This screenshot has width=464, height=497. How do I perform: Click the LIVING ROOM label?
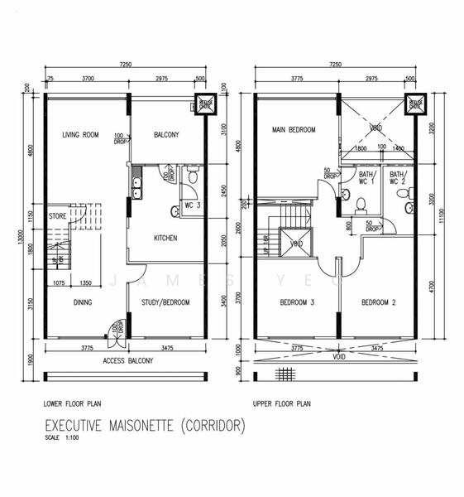pyautogui.click(x=80, y=135)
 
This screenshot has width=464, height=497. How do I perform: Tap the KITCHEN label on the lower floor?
pyautogui.click(x=165, y=238)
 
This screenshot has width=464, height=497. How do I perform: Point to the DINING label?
pyautogui.click(x=83, y=303)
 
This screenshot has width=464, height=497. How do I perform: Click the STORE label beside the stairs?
pyautogui.click(x=57, y=216)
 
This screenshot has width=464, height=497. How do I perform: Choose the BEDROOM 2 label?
pyautogui.click(x=380, y=302)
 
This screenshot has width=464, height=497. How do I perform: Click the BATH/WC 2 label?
pyautogui.click(x=397, y=179)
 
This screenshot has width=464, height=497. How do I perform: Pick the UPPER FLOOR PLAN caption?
pyautogui.click(x=283, y=405)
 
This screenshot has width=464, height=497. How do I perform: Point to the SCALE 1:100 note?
pyautogui.click(x=61, y=439)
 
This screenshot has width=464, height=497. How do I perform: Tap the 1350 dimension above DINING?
pyautogui.click(x=85, y=283)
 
